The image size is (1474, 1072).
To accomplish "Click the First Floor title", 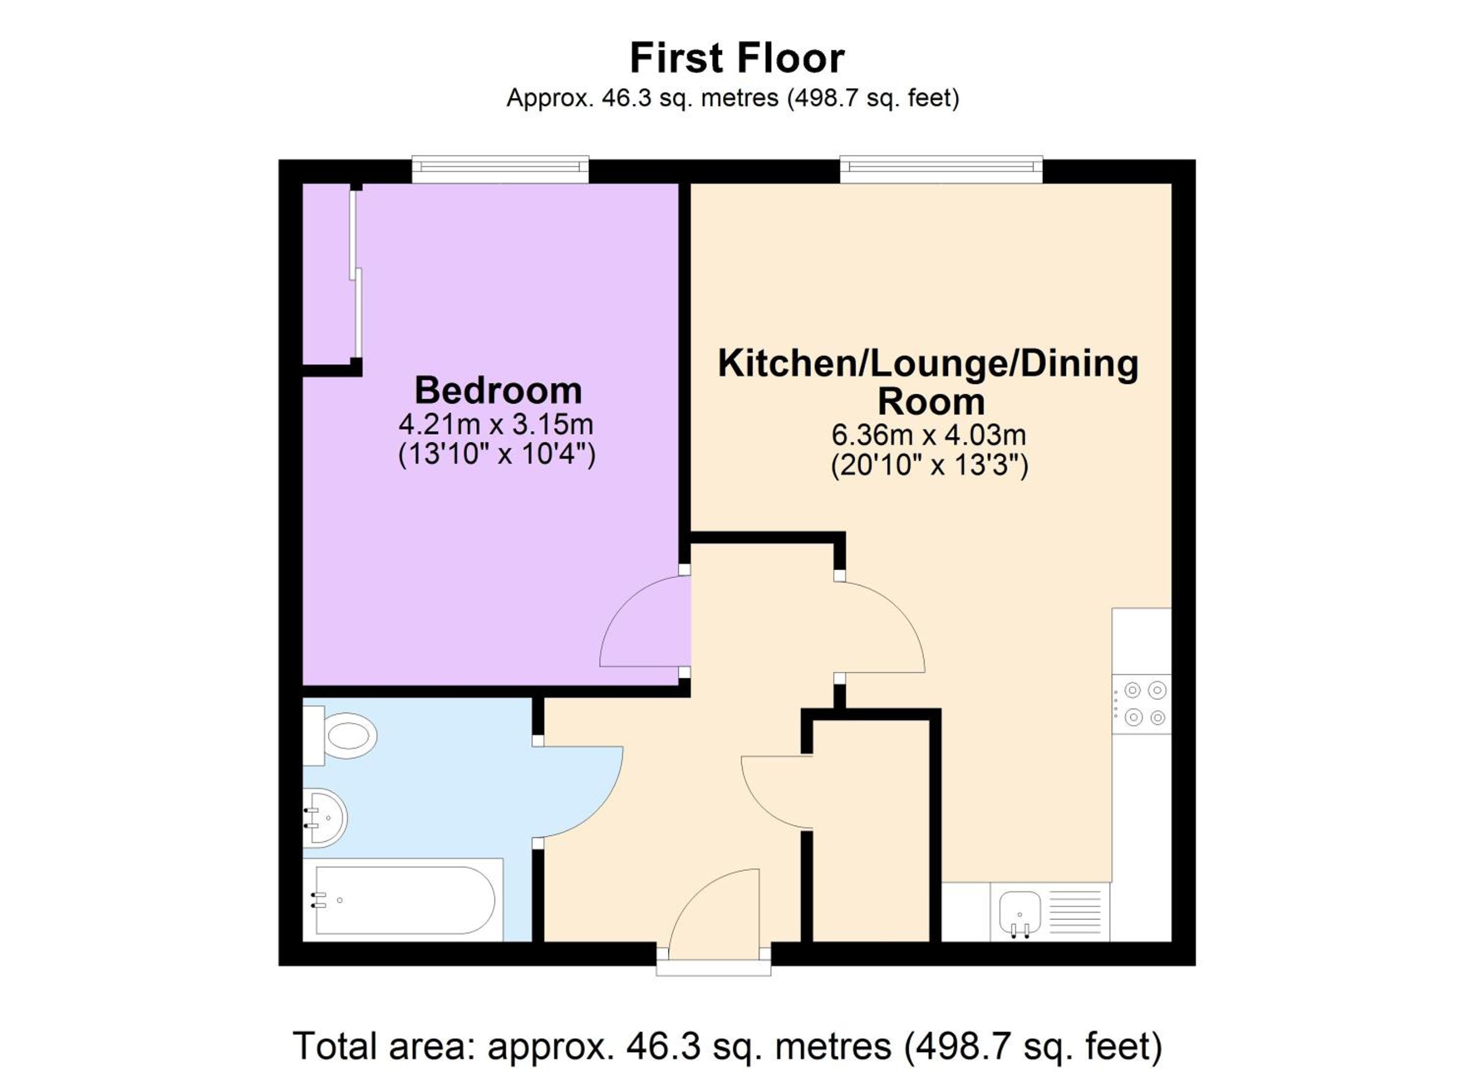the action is click(737, 58).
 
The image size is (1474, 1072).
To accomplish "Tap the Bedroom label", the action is click(499, 391).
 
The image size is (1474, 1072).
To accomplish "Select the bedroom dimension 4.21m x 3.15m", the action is click(496, 425).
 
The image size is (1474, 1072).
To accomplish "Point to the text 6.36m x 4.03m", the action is click(929, 435).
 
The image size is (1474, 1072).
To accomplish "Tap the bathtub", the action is click(403, 900).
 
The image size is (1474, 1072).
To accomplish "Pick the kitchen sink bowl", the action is click(1020, 910).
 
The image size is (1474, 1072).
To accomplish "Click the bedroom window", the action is click(501, 169).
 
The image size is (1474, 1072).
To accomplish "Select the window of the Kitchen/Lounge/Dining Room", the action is click(941, 169).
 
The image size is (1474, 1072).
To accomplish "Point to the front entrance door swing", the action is click(695, 890).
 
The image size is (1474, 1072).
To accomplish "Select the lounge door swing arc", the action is click(900, 611).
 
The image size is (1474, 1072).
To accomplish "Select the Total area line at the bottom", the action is click(727, 1046).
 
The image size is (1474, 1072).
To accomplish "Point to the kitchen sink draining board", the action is click(1076, 911).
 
